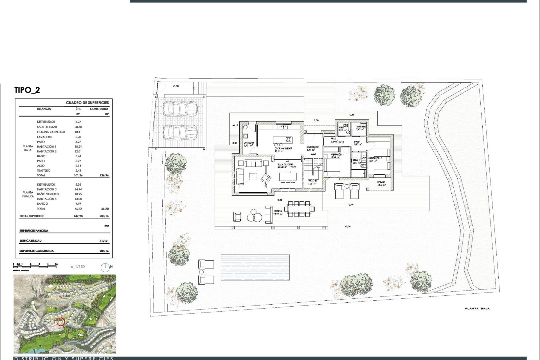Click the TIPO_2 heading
click(27, 90)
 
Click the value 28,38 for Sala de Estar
click(79, 127)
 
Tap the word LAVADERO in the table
click(45, 137)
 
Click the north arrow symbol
click(105, 267)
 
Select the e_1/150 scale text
click(78, 267)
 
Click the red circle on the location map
click(61, 322)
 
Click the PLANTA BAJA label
click(477, 309)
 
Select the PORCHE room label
click(381, 182)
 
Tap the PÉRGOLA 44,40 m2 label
click(278, 212)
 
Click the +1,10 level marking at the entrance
click(175, 86)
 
